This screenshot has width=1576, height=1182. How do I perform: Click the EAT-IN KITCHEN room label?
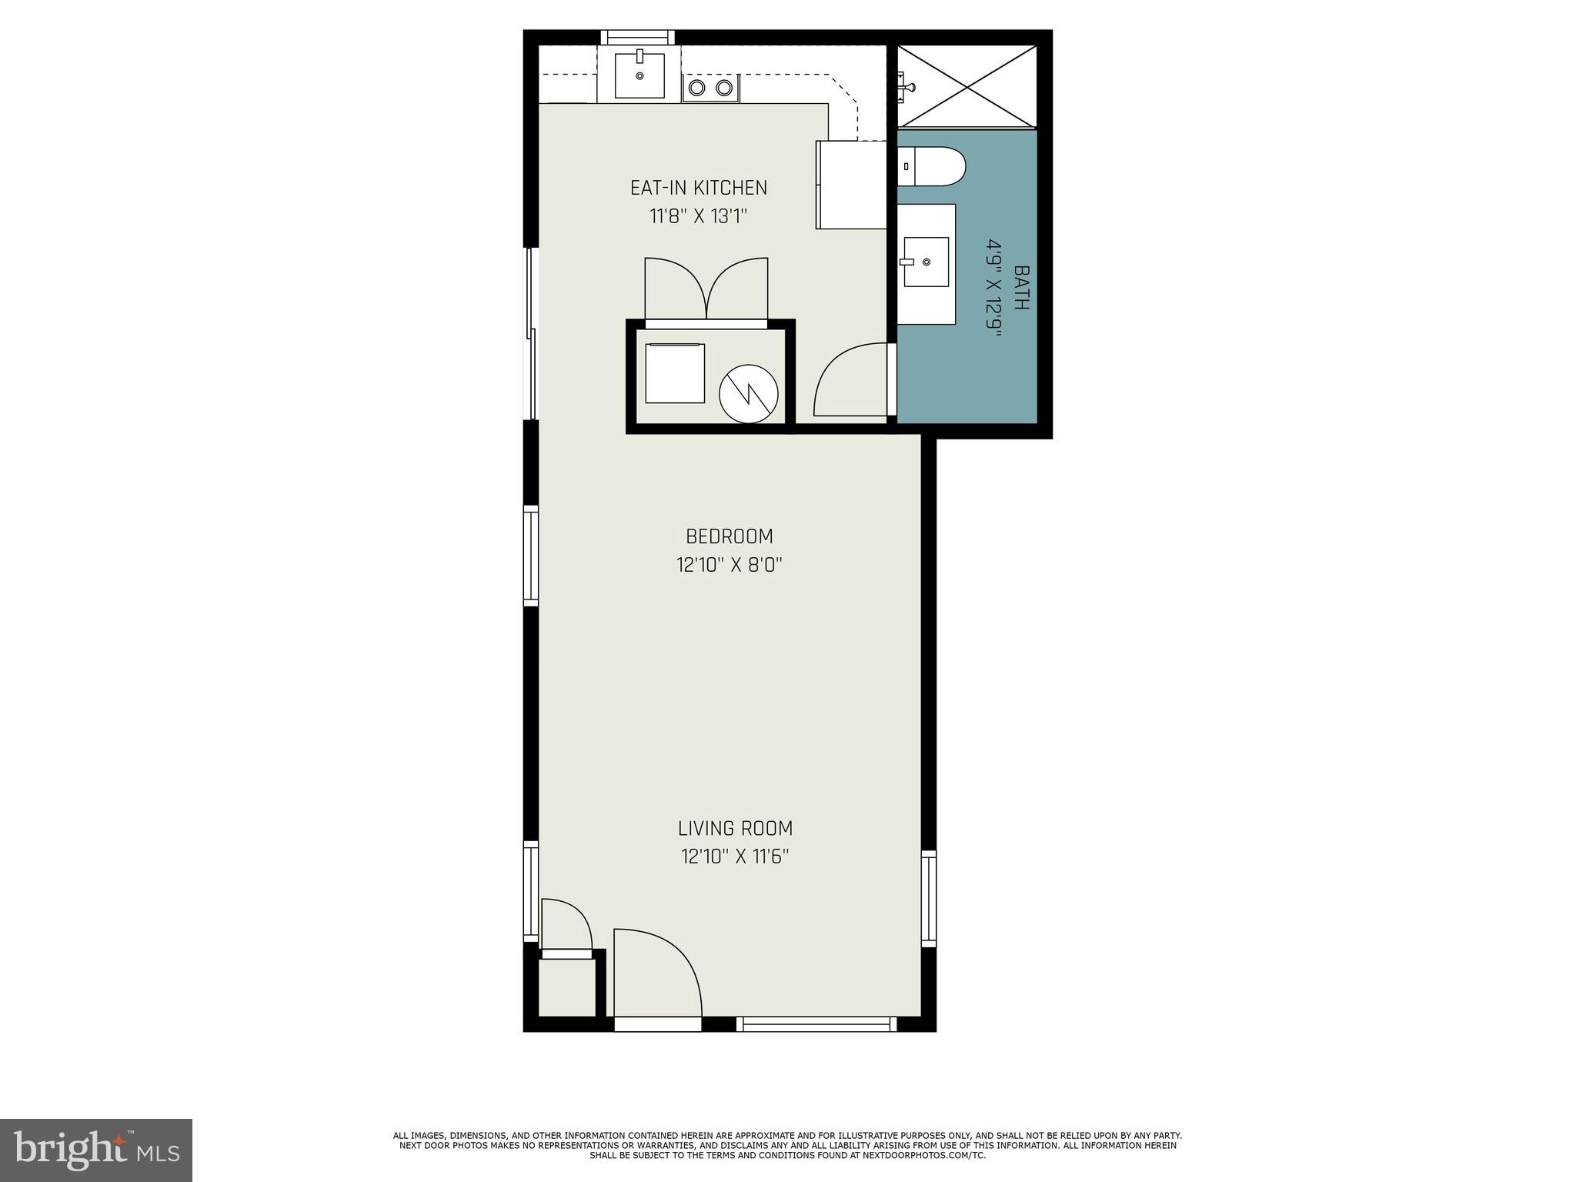[698, 188]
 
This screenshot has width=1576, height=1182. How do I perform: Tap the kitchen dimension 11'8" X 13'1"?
[698, 216]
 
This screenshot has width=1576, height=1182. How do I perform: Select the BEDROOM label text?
[729, 536]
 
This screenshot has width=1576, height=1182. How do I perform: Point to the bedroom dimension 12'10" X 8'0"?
[729, 566]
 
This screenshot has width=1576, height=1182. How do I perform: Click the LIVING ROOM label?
[735, 829]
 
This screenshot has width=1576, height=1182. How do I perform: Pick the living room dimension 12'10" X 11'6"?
[735, 856]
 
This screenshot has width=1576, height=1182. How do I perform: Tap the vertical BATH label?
[1021, 287]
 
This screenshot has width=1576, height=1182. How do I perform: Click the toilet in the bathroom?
[932, 166]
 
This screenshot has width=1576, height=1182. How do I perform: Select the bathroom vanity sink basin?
[925, 262]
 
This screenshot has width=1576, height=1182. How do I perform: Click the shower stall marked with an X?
[967, 85]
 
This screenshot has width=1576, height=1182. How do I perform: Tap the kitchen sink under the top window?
[639, 75]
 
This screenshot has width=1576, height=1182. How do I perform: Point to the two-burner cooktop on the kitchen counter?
[710, 88]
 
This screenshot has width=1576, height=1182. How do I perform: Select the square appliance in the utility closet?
[675, 373]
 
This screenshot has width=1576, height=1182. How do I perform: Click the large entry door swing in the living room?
[656, 973]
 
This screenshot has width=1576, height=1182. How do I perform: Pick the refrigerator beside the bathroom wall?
[852, 185]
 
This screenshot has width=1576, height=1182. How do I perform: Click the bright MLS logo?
[96, 1149]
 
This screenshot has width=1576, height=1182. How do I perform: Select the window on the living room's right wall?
[929, 899]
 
